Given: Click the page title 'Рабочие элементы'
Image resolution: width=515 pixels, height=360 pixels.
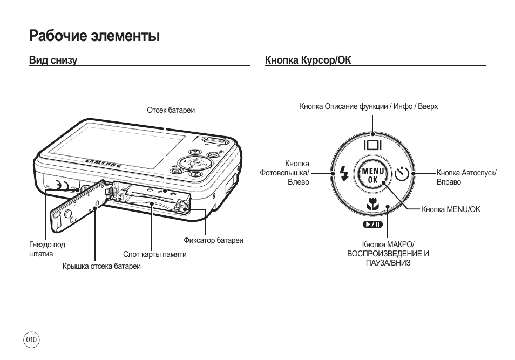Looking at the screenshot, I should pos(95,36).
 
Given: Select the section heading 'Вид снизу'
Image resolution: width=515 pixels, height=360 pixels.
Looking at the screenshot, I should pos(53,60).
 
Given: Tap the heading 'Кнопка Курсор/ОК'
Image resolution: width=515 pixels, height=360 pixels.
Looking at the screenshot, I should pos(308,60).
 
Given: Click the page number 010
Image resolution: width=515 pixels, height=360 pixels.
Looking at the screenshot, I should pos(32,340).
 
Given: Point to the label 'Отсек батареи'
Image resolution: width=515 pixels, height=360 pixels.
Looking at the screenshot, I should pos(171,110).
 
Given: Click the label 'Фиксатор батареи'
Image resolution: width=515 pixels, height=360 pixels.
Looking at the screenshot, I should pos(213,240).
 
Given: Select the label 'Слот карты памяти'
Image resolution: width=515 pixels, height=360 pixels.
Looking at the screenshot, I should pos(154,254).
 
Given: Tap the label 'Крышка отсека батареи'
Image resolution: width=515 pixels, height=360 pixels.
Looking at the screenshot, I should pos(101,267).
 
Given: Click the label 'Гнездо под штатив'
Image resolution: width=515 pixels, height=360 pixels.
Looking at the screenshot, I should pos(47,249).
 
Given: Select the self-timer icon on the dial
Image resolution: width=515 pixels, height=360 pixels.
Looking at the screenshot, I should pos(401,174).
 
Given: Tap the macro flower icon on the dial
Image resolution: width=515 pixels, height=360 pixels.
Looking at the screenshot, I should pos(372,204).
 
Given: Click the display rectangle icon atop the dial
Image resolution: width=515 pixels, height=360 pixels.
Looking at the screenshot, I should pos(372,145).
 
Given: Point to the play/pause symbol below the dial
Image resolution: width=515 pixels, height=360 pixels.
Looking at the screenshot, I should pos(372,225).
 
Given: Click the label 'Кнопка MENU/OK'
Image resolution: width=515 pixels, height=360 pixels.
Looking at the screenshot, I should pos(451,209).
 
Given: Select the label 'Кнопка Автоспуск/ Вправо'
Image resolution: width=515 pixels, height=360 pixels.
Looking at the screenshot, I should pos(466,178).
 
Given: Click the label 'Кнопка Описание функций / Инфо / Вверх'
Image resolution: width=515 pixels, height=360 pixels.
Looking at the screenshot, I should pos(369,107).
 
